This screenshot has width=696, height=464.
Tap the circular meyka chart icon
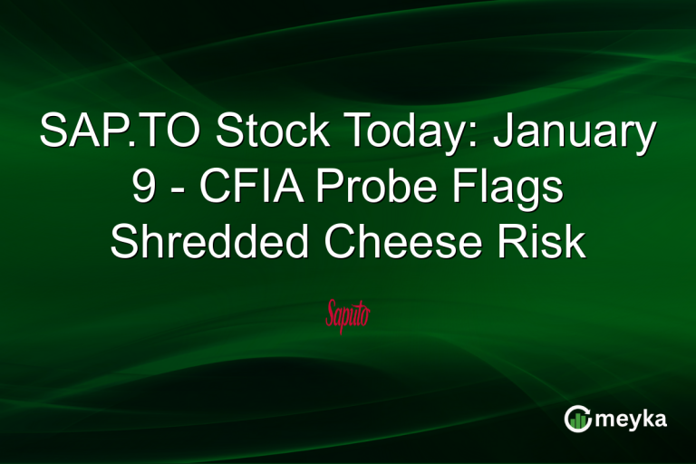[577, 419]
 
